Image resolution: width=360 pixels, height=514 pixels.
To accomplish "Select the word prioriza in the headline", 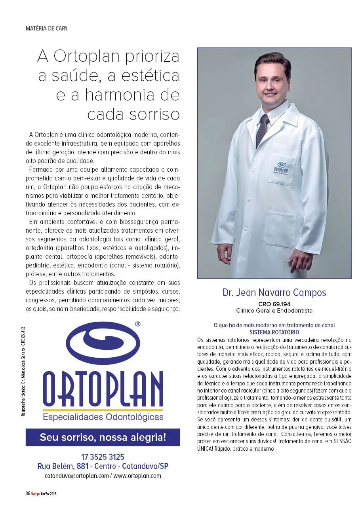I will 151,57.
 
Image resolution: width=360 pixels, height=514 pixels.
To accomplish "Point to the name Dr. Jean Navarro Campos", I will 274,293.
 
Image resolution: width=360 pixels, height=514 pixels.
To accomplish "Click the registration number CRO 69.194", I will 274,304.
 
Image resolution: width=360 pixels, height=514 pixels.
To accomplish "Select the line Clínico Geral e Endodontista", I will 274,311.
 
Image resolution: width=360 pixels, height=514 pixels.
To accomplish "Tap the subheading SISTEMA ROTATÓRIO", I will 274,332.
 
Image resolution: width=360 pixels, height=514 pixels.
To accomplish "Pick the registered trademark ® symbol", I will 138,324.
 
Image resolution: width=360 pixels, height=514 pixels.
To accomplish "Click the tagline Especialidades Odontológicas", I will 103,417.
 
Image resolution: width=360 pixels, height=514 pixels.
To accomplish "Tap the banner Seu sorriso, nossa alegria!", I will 103,438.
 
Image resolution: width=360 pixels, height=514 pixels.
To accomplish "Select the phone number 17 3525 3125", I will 103,457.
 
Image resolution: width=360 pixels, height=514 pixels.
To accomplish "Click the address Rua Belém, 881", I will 63,466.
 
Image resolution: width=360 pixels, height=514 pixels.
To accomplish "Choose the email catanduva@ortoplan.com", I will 76,476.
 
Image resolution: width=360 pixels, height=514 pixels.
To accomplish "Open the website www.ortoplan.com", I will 137,476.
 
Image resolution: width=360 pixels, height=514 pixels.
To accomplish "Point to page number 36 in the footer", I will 28,493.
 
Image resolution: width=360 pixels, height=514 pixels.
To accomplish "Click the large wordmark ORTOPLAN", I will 103,390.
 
